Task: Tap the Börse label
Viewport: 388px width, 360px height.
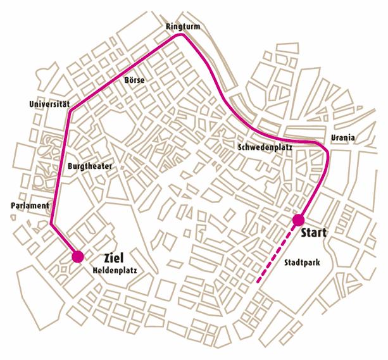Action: [135, 80]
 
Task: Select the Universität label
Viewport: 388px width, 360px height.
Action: [49, 103]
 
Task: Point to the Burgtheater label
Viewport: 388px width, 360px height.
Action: [89, 166]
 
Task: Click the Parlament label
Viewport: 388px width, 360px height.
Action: [30, 206]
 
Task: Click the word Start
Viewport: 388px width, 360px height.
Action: [313, 233]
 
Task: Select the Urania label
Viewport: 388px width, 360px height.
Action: [342, 138]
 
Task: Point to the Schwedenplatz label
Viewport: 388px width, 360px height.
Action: [265, 147]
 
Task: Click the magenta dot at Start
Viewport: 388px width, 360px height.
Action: [297, 220]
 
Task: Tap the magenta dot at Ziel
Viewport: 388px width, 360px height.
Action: [78, 256]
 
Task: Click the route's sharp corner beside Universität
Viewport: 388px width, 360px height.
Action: [70, 111]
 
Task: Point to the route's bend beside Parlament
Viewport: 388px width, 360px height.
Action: [51, 223]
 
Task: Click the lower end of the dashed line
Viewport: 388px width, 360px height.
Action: [258, 279]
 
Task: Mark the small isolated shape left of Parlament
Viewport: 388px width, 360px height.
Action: [13, 218]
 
